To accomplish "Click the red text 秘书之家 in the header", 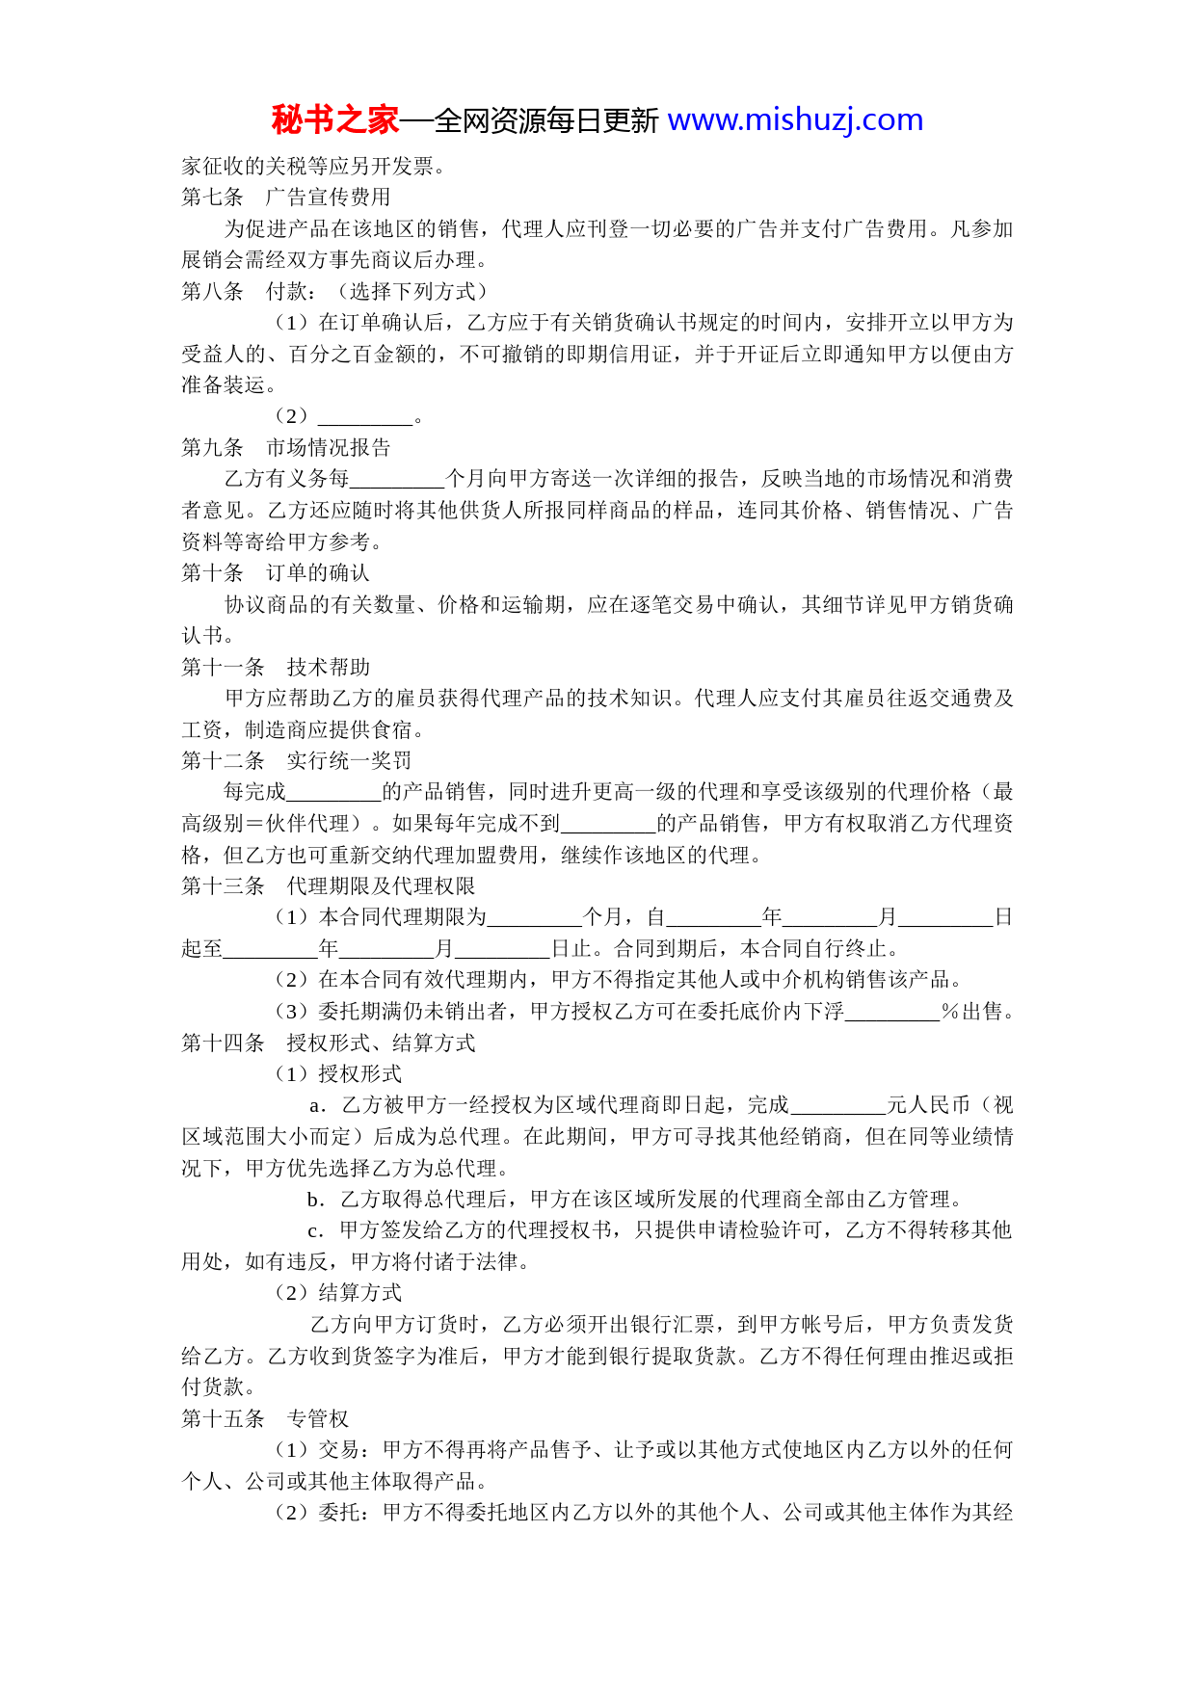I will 334,120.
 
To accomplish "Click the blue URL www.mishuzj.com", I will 795,120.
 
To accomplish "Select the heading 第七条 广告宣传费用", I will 286,198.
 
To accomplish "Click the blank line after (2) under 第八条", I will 364,417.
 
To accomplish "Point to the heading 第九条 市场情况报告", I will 286,448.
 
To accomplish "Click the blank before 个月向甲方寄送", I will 397,480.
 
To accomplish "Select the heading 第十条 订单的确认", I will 276,573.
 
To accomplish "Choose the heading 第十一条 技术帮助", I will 276,667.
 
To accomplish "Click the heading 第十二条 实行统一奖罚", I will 297,761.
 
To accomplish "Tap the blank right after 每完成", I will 334,793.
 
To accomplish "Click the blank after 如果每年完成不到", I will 608,825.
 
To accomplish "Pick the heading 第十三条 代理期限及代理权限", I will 329,886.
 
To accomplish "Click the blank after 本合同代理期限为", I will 535,918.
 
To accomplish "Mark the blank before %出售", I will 892,1013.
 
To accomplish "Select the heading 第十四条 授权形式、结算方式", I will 329,1043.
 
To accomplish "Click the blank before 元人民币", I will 838,1106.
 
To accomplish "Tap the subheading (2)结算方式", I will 338,1294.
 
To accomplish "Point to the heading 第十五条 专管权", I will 265,1419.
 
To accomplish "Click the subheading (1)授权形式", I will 338,1074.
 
